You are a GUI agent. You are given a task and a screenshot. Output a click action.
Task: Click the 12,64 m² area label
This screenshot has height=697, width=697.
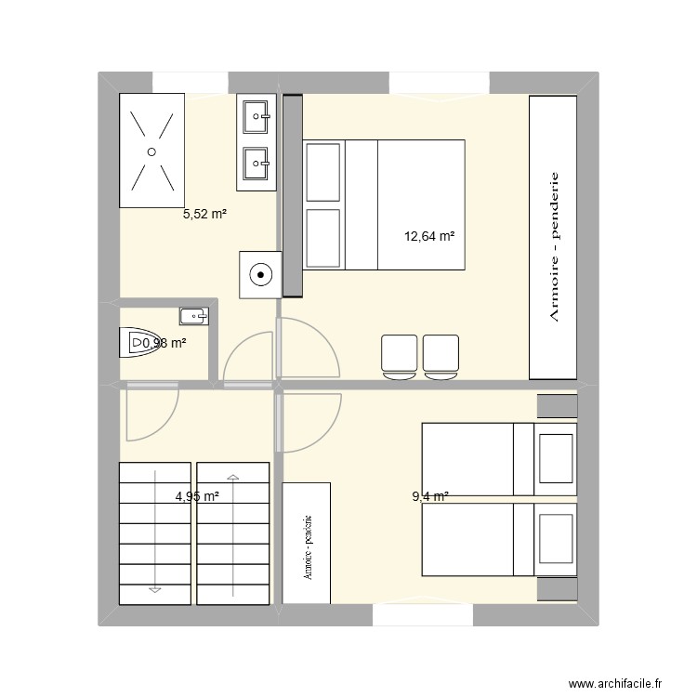coord(429,236)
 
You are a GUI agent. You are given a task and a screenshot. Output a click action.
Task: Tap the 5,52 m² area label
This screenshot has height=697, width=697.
coord(205,215)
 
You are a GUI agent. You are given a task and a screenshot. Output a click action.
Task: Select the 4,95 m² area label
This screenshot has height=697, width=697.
coord(197,496)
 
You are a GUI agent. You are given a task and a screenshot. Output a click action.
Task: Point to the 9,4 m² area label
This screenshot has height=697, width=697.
coord(430,496)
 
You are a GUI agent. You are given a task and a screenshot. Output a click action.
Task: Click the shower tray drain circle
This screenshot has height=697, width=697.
coord(151,152)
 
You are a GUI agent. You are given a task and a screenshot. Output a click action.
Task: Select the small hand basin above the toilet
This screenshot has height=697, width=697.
coord(194,316)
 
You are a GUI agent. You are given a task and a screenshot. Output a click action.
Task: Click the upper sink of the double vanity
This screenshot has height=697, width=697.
coord(256,116)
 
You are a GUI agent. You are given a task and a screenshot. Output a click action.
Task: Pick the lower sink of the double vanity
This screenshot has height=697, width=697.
coord(256,164)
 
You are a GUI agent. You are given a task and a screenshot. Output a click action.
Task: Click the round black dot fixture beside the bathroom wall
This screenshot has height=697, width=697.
coord(260,275)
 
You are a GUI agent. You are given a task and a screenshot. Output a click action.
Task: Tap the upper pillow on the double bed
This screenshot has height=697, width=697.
coord(323,173)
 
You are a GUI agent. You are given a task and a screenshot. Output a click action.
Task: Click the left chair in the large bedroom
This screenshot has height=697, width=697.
coord(400,357)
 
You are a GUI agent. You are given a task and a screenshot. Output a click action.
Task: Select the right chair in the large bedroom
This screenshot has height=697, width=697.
coord(441,357)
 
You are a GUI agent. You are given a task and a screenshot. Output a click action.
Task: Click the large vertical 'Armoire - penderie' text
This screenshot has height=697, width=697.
coord(554,246)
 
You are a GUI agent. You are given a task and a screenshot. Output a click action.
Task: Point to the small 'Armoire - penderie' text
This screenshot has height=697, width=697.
coord(308,547)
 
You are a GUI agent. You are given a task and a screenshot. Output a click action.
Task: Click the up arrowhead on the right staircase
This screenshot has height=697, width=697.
coord(233,478)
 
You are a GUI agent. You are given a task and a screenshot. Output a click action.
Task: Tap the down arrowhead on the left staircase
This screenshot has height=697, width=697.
coord(154,590)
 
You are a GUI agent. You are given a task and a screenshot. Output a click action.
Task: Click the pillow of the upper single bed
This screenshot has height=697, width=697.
coord(556,459)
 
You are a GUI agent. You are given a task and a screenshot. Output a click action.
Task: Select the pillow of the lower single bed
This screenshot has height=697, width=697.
coord(556,539)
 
